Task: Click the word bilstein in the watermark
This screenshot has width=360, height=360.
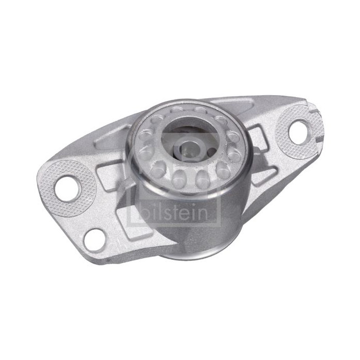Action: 174,212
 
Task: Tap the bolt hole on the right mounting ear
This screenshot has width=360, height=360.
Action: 299,133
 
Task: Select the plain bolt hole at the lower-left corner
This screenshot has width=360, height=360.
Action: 95,240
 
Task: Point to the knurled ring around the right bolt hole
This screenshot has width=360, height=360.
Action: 299,133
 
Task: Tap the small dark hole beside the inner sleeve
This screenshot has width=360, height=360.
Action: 211,152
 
